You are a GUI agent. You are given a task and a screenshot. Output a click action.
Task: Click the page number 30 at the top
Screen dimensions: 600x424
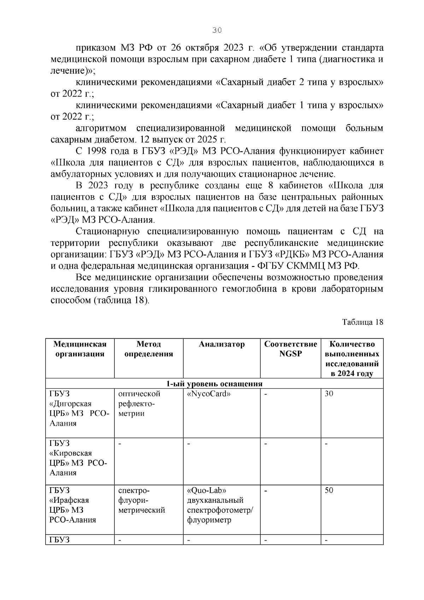[x=217, y=30]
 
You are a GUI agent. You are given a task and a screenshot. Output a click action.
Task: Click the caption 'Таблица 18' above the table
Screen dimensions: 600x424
[x=363, y=322]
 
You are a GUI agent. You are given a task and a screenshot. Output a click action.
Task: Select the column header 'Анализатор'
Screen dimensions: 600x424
[x=222, y=344]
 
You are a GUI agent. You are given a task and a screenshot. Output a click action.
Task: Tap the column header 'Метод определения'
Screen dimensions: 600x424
[x=149, y=349]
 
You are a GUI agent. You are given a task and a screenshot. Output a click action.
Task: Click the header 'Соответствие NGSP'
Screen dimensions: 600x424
[x=290, y=349]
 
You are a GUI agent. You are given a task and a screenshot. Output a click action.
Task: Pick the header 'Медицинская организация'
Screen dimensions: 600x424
[x=80, y=349]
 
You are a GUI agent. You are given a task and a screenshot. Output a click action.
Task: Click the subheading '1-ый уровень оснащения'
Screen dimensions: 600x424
[x=214, y=384]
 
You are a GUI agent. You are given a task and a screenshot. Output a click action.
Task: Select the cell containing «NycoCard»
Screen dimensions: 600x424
[x=208, y=394]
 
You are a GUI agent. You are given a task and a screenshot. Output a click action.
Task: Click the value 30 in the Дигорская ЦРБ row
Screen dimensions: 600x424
[x=329, y=394]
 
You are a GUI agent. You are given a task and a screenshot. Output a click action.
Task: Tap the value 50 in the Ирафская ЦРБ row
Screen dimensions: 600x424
[x=329, y=490]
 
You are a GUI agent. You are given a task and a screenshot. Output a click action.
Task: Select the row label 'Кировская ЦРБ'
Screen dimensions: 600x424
[x=78, y=458]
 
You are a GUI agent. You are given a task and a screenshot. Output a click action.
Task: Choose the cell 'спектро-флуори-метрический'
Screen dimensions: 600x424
[x=141, y=500]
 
